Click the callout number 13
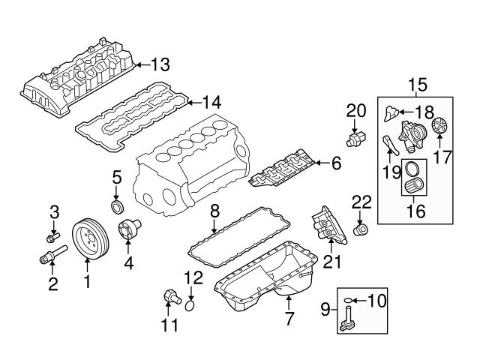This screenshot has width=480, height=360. pyautogui.click(x=161, y=63)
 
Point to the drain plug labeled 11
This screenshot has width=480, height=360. pyautogui.click(x=168, y=297)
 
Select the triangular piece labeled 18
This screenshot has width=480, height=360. pyautogui.click(x=390, y=113)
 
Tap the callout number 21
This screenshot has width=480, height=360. pyautogui.click(x=331, y=260)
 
